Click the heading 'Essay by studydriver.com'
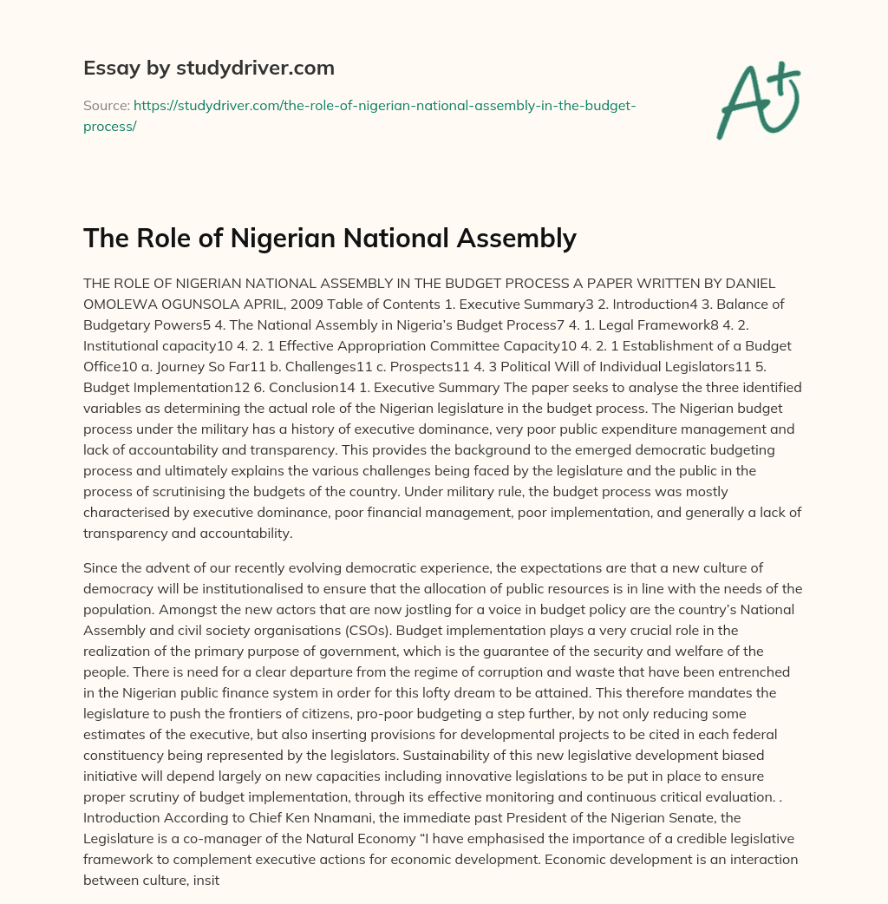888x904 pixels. [209, 68]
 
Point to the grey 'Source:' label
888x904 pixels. [106, 105]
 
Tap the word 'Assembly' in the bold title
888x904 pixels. [520, 237]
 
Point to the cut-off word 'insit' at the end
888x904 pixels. [227, 858]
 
